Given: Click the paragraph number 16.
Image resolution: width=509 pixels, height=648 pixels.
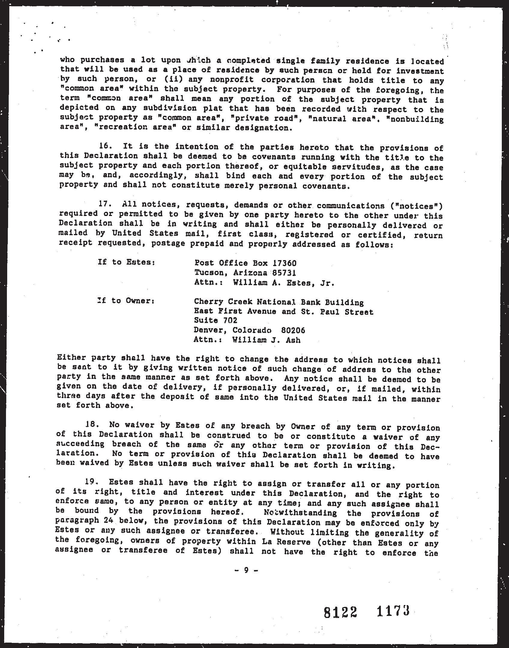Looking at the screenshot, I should pos(104,147).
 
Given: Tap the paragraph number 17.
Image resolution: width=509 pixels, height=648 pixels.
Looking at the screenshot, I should pos(104,204).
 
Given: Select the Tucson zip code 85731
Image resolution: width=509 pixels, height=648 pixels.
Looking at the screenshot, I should pos(284,273).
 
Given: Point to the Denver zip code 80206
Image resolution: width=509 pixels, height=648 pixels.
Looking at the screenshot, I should pos(293,330).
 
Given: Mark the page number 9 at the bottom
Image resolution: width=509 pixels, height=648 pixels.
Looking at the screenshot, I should pos(246,570).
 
